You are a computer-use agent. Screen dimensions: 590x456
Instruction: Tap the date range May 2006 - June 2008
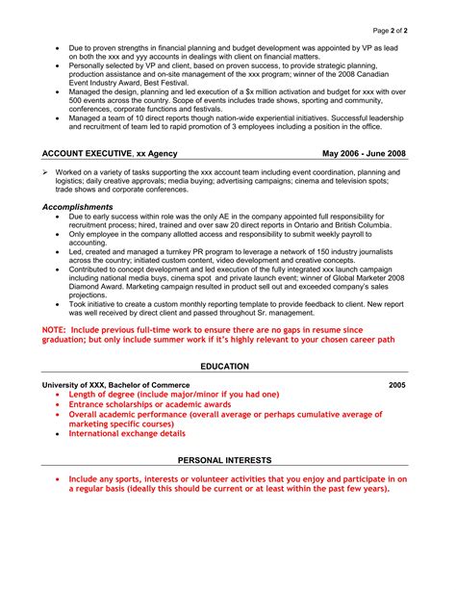(x=365, y=153)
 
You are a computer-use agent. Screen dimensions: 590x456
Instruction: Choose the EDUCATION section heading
(x=224, y=367)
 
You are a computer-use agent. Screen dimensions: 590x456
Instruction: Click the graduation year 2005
(x=397, y=385)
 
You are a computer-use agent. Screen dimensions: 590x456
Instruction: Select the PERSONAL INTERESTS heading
(x=224, y=460)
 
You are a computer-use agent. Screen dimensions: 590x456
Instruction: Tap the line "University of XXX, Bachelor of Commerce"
(x=111, y=385)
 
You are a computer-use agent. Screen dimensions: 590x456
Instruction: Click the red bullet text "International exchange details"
(x=127, y=434)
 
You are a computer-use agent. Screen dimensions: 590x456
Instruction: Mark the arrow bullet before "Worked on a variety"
(x=45, y=171)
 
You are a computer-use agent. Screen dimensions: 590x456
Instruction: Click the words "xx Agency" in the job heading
(x=155, y=153)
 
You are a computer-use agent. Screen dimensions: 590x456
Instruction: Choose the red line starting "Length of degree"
(x=173, y=395)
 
